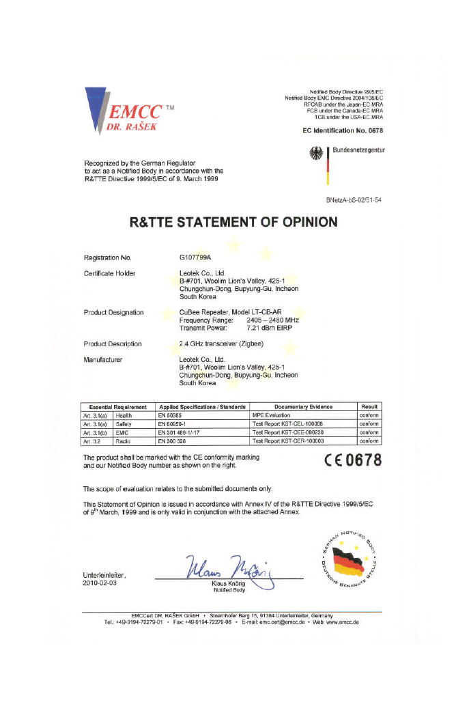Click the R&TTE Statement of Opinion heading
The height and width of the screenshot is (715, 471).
(x=234, y=222)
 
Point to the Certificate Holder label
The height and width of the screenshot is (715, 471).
(x=109, y=273)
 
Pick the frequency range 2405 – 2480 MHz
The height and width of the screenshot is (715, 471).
(x=272, y=320)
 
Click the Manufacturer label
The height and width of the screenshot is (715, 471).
(x=102, y=359)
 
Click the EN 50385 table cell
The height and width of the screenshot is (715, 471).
(x=172, y=415)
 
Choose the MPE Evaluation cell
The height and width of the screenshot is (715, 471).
(x=272, y=415)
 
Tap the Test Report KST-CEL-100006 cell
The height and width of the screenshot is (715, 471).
(x=287, y=423)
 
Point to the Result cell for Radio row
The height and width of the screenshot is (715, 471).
(x=369, y=440)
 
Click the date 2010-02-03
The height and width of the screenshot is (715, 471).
(x=100, y=584)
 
